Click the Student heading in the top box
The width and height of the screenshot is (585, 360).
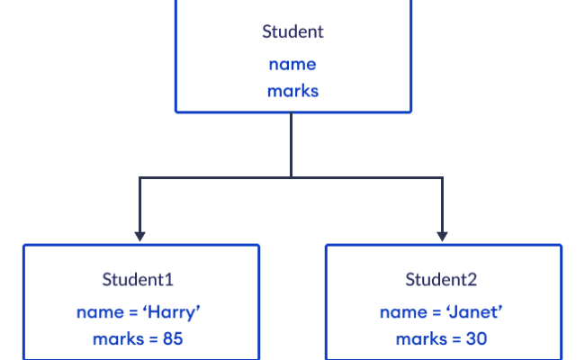(292, 32)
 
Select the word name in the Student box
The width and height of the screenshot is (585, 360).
(292, 64)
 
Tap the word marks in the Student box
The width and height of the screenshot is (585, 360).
(292, 91)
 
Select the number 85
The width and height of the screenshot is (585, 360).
(173, 340)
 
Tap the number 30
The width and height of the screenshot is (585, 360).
(476, 340)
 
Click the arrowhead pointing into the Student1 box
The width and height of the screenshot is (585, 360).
(139, 236)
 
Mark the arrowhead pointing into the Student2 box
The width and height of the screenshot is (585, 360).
(442, 236)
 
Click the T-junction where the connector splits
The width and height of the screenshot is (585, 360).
(292, 178)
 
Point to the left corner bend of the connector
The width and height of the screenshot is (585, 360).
(139, 178)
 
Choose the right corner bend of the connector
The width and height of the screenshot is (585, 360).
(442, 178)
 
